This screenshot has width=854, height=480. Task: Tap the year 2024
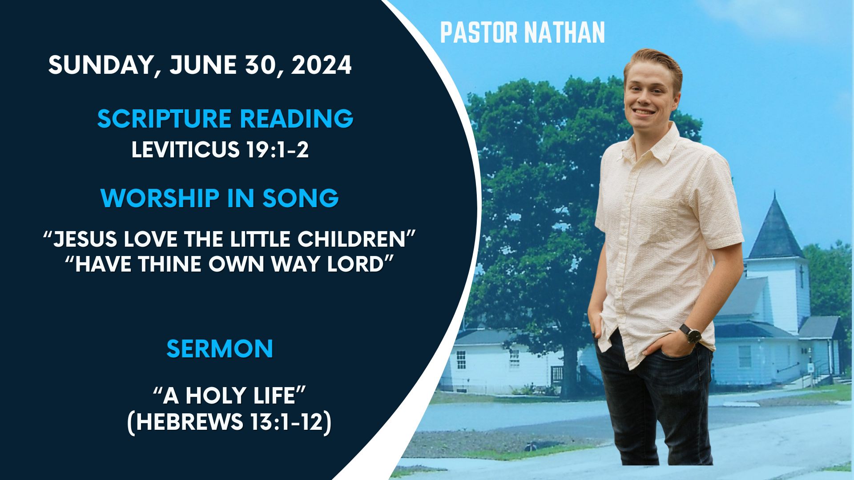pyautogui.click(x=322, y=65)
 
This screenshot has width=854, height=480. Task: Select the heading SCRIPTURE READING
pyautogui.click(x=225, y=119)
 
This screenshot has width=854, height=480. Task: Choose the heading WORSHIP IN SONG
pyautogui.click(x=220, y=198)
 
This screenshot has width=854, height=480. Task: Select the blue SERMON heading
pyautogui.click(x=220, y=348)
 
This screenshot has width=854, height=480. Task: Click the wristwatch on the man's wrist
pyautogui.click(x=691, y=333)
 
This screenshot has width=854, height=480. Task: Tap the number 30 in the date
pyautogui.click(x=263, y=65)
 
